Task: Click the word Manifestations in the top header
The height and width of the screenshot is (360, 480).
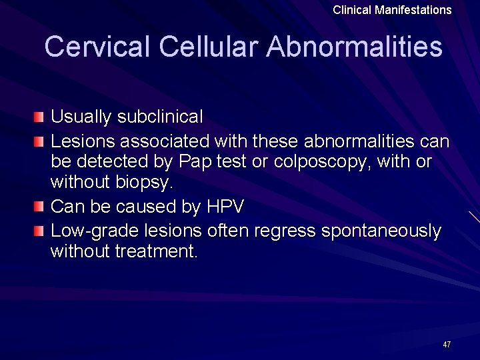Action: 415,10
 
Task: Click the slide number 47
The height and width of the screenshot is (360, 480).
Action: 447,345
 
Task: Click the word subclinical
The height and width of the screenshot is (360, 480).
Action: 160,117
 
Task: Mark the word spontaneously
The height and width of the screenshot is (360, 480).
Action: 381,231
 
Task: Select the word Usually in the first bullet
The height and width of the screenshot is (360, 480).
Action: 81,117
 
